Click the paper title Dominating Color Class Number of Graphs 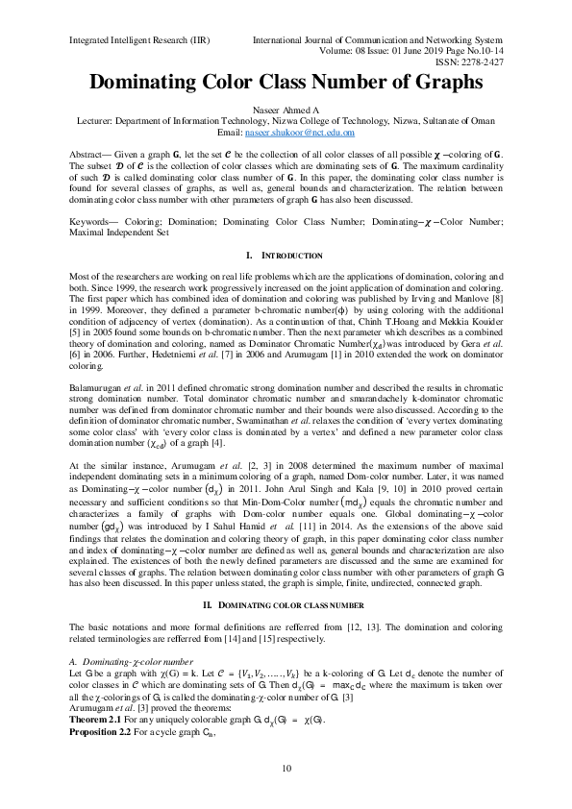(x=286, y=83)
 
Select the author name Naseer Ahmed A (x=286, y=111)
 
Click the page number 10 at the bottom (x=286, y=768)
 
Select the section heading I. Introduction (x=286, y=256)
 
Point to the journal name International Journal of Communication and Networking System (x=378, y=40)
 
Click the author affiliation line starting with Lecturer (x=286, y=122)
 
